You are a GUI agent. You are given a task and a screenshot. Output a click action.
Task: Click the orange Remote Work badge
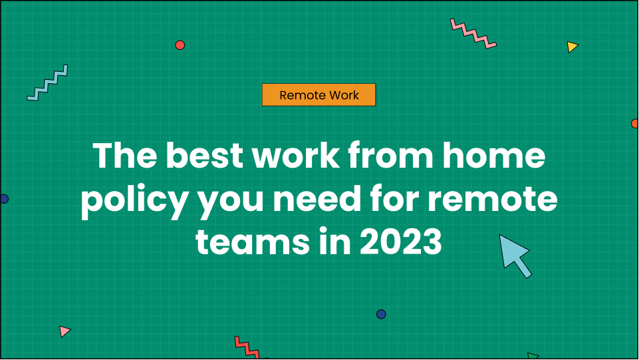tap(319, 95)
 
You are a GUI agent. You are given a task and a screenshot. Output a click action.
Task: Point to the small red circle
tap(180, 45)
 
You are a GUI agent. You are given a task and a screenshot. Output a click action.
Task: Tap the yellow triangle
tap(572, 47)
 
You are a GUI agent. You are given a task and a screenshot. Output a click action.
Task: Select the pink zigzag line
tap(473, 33)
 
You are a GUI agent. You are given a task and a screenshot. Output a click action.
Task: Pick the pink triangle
tap(64, 331)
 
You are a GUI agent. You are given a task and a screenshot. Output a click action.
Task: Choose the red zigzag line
tap(247, 347)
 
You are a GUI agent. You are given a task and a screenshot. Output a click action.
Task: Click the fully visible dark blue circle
tap(381, 314)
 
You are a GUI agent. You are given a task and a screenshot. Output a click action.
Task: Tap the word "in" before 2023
tap(334, 242)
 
